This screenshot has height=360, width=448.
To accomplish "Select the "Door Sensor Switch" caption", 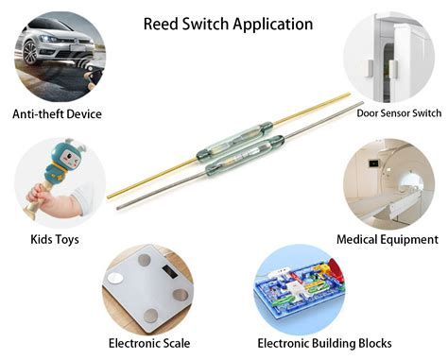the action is click(x=399, y=112).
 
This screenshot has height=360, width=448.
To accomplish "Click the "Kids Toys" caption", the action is click(x=54, y=240).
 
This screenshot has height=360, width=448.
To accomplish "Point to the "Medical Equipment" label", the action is click(x=388, y=240).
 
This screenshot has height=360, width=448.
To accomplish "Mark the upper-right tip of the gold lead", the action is click(x=349, y=94).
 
